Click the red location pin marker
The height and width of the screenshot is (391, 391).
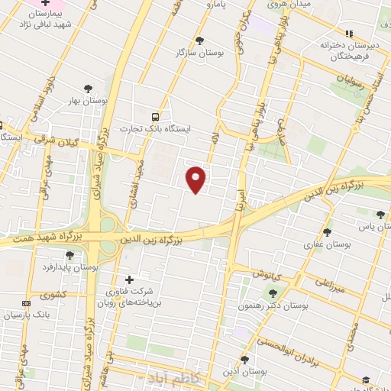(x=197, y=179)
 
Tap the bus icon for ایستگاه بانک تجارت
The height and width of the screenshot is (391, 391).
(x=156, y=117)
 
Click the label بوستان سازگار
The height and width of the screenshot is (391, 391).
(x=181, y=52)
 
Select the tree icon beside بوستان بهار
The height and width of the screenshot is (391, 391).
(x=89, y=89)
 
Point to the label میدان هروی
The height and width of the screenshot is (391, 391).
(x=289, y=5)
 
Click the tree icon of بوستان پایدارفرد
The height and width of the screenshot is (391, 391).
(x=70, y=255)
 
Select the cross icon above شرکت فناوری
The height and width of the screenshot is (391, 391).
(x=128, y=280)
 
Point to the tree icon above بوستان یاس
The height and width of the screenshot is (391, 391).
(x=380, y=215)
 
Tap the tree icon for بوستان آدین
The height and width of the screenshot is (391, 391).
(x=244, y=359)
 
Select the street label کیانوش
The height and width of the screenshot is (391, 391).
(x=267, y=273)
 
